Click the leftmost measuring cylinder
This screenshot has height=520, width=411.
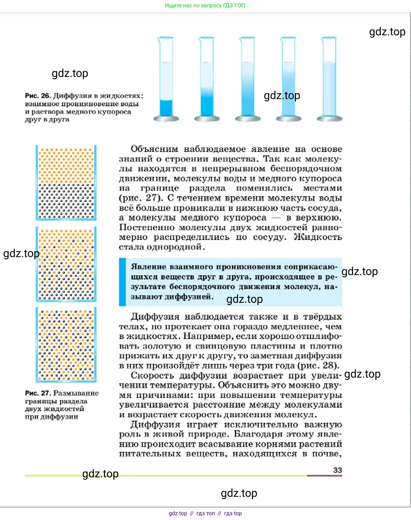(x=166, y=80)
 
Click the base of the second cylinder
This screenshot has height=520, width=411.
(x=207, y=119)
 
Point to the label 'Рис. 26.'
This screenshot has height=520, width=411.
(x=38, y=96)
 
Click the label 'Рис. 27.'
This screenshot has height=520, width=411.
(x=38, y=393)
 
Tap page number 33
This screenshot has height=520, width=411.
(x=338, y=470)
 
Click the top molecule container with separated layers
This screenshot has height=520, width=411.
(x=66, y=183)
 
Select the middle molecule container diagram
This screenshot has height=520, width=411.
(x=66, y=264)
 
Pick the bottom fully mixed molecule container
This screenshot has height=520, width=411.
(x=66, y=345)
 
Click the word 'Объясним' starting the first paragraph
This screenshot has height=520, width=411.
(x=154, y=149)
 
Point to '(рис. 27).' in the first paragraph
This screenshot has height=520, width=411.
(x=141, y=198)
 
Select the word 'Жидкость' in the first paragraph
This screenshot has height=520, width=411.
(x=318, y=237)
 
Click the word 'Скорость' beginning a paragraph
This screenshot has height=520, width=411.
(x=152, y=376)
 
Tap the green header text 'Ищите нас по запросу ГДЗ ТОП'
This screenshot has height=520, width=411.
(x=205, y=6)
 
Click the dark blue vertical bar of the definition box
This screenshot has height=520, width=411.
(x=122, y=282)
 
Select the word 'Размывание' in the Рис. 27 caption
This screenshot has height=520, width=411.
(x=76, y=393)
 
